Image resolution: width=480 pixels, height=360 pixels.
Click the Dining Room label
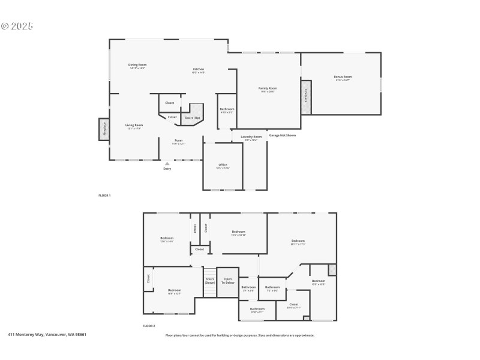(137, 65)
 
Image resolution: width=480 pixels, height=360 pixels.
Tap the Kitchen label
(198, 69)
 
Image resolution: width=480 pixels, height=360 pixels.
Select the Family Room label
(268, 88)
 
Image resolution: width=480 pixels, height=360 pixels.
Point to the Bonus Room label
(343, 77)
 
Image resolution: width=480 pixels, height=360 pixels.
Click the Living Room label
(134, 125)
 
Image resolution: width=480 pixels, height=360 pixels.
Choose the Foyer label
(179, 140)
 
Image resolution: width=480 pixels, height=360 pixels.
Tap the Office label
(222, 164)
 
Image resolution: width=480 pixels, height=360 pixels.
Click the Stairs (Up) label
(192, 118)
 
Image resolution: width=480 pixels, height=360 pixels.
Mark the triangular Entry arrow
(167, 163)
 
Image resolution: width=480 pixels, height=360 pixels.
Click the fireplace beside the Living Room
(104, 129)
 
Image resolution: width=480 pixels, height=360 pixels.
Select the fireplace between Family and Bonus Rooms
(306, 97)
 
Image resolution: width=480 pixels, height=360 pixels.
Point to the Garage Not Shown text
(282, 135)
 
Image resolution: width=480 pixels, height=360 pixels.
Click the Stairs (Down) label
(210, 280)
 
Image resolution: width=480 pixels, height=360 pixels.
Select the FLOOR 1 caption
(104, 196)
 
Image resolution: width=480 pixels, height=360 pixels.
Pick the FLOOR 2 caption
(149, 326)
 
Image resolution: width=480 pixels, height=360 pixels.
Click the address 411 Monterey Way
(47, 335)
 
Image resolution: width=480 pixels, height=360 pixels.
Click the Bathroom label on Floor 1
(227, 109)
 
